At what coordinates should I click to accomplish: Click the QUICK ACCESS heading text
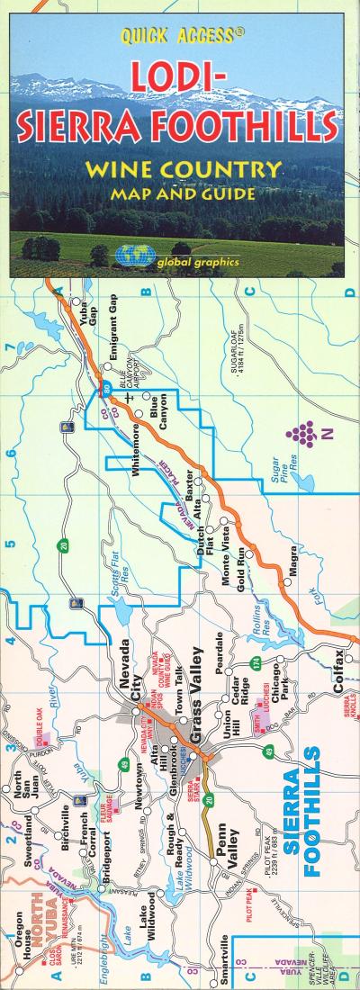click(x=179, y=36)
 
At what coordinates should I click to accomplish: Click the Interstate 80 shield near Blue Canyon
click(x=106, y=389)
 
